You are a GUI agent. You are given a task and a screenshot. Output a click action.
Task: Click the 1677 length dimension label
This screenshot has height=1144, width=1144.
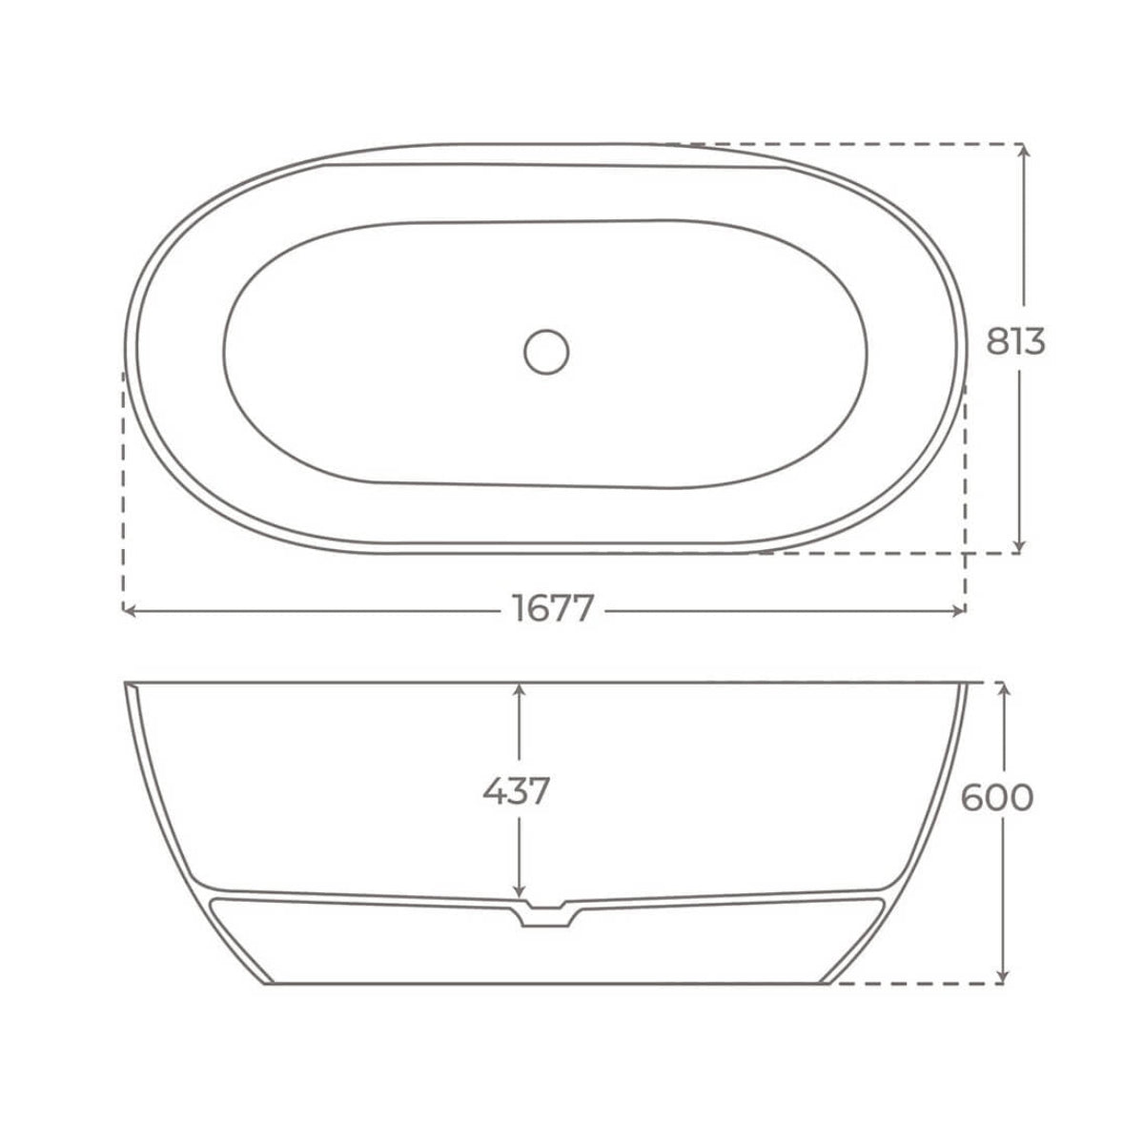(553, 609)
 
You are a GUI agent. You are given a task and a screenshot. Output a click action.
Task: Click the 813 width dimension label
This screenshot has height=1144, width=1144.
(1015, 340)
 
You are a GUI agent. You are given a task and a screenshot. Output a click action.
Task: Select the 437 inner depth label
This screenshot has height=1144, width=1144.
(516, 790)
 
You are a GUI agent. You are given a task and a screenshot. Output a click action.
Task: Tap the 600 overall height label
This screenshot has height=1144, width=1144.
(996, 797)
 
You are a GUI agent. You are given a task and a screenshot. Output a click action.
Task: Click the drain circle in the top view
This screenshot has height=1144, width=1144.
(546, 351)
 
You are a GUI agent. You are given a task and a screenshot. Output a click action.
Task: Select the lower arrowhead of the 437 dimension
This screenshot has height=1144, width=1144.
(518, 891)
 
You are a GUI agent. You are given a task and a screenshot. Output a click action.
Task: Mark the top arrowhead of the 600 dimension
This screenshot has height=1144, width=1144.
(1001, 689)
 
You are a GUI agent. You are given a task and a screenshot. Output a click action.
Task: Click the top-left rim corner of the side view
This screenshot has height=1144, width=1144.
(127, 684)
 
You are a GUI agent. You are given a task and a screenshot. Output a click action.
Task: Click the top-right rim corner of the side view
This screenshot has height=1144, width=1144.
(968, 684)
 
